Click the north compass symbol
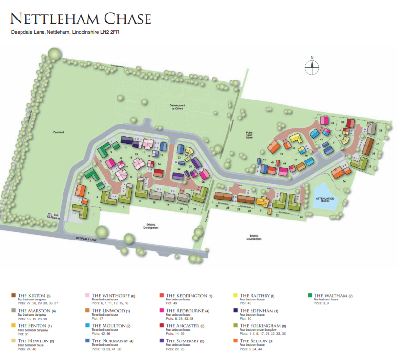point(312,67)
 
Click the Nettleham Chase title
point(81,19)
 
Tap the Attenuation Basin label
point(325,199)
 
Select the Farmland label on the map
point(60,132)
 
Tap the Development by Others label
point(179,107)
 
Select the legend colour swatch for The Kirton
point(14,296)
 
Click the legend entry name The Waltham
point(333,296)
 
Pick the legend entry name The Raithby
point(257,296)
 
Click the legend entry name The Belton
point(256,341)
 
